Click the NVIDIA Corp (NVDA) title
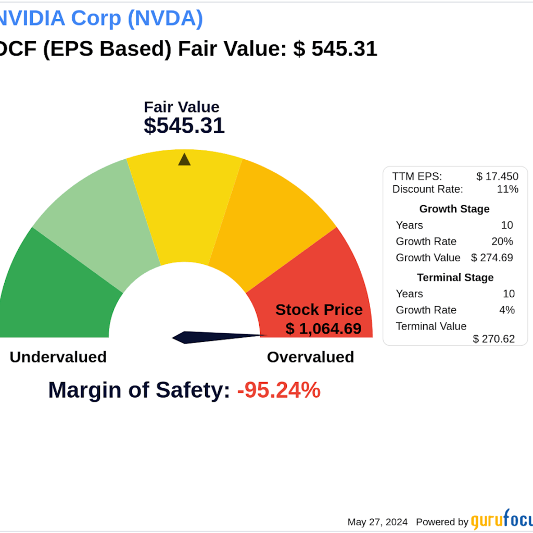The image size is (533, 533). pyautogui.click(x=101, y=19)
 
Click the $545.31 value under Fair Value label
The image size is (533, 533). pyautogui.click(x=184, y=126)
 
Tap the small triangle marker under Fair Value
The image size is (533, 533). pyautogui.click(x=184, y=159)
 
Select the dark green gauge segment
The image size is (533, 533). pyautogui.click(x=57, y=291)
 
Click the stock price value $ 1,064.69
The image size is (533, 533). pyautogui.click(x=323, y=329)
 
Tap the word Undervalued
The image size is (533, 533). pyautogui.click(x=58, y=357)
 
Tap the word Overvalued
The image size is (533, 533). pyautogui.click(x=310, y=357)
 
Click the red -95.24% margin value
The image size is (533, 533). pyautogui.click(x=278, y=390)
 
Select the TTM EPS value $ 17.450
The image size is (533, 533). pyautogui.click(x=497, y=176)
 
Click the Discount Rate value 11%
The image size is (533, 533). pyautogui.click(x=507, y=189)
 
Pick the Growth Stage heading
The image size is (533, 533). pyautogui.click(x=454, y=209)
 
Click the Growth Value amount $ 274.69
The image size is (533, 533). pyautogui.click(x=492, y=258)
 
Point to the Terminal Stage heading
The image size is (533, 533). pyautogui.click(x=455, y=277)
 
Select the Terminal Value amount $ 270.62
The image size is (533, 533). pyautogui.click(x=493, y=339)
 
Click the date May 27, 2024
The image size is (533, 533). pyautogui.click(x=378, y=522)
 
